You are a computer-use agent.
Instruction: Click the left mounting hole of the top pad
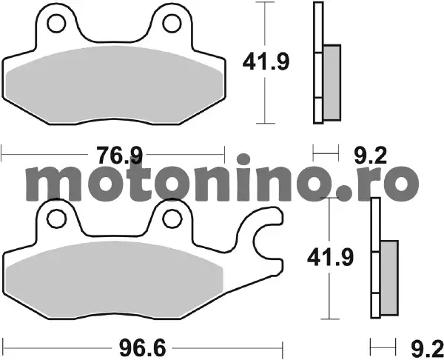(x=57, y=24)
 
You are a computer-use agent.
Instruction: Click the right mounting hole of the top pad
(x=172, y=23)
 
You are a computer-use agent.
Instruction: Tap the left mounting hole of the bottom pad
(x=57, y=219)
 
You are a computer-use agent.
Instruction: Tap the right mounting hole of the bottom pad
(x=172, y=219)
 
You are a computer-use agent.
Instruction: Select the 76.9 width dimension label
(x=119, y=155)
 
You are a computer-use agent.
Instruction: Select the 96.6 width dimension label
(x=142, y=348)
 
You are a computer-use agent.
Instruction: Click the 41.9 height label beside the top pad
(x=266, y=62)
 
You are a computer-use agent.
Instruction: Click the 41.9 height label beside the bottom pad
(x=331, y=258)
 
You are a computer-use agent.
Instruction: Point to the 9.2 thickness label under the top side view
(x=371, y=156)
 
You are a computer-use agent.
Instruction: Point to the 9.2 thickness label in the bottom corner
(x=427, y=349)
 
